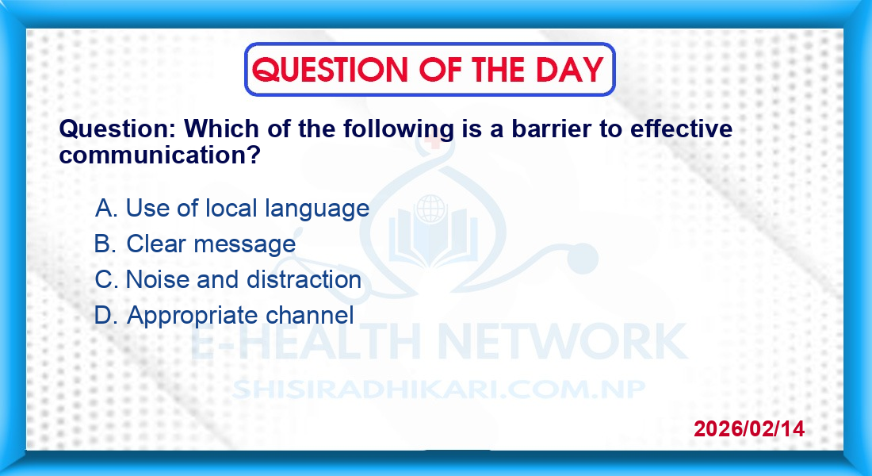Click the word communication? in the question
tap(160, 155)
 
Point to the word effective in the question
tap(681, 129)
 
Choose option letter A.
tap(105, 208)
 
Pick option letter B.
tap(105, 244)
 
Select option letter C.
tap(106, 279)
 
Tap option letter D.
tap(105, 315)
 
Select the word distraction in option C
tap(304, 279)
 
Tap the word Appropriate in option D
tap(193, 317)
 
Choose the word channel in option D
tap(309, 315)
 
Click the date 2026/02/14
tap(749, 428)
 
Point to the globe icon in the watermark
tap(430, 209)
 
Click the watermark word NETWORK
tap(563, 340)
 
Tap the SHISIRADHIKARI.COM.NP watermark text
tap(439, 390)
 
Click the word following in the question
tap(399, 130)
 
